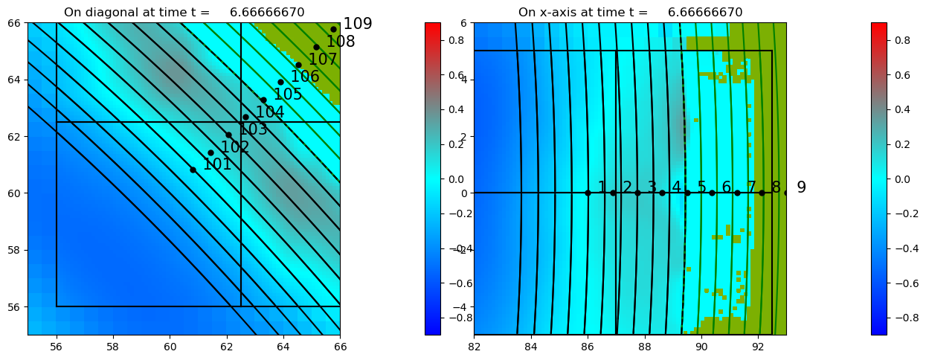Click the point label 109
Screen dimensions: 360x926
pyautogui.click(x=357, y=24)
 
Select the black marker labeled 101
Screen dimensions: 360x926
pyautogui.click(x=193, y=170)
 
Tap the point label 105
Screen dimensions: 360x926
pyautogui.click(x=288, y=94)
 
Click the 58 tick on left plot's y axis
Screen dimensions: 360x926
pyautogui.click(x=14, y=250)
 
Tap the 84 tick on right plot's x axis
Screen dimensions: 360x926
pyautogui.click(x=531, y=347)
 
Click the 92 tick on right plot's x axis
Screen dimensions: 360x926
pyautogui.click(x=758, y=347)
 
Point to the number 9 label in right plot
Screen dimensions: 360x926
pyautogui.click(x=801, y=187)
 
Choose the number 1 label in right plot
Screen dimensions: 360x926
pyautogui.click(x=602, y=187)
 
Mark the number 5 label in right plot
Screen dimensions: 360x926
pyautogui.click(x=701, y=187)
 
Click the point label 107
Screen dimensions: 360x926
pyautogui.click(x=323, y=60)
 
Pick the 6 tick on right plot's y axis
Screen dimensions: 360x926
pyautogui.click(x=463, y=22)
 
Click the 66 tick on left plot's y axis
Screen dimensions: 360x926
pyautogui.click(x=14, y=22)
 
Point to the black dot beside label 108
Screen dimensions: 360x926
pyautogui.click(x=316, y=47)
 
